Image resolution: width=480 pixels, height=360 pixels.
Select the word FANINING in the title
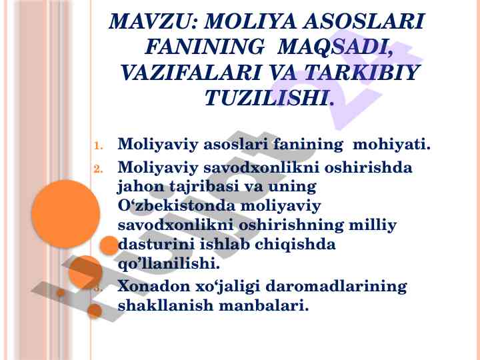pyautogui.click(x=204, y=47)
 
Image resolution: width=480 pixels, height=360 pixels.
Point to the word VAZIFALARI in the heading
pyautogui.click(x=190, y=73)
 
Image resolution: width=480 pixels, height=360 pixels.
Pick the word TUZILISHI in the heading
pyautogui.click(x=266, y=98)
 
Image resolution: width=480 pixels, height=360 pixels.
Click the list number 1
pyautogui.click(x=98, y=145)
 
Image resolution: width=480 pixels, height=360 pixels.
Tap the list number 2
pyautogui.click(x=98, y=169)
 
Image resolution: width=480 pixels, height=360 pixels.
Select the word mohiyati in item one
pyautogui.click(x=391, y=144)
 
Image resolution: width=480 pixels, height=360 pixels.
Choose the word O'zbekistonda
pyautogui.click(x=176, y=205)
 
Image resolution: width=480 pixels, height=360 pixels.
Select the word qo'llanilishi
pyautogui.click(x=169, y=263)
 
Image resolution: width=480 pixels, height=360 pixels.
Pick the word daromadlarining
pyautogui.click(x=336, y=287)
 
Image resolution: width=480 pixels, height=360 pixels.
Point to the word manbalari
pyautogui.click(x=263, y=305)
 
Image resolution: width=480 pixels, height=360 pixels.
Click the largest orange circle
pyautogui.click(x=65, y=214)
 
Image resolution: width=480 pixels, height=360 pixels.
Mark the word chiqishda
pyautogui.click(x=295, y=244)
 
